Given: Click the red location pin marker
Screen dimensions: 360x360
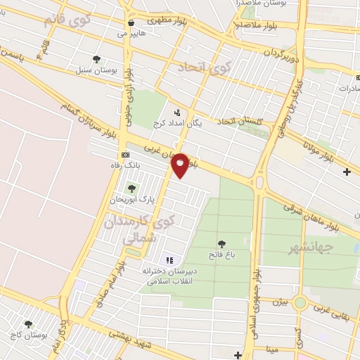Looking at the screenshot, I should coord(181,165).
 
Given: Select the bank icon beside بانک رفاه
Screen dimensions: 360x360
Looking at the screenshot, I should coord(125,155).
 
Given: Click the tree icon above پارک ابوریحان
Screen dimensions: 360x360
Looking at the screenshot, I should coord(131,188).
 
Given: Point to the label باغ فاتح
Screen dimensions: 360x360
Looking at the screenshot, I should coord(221,254).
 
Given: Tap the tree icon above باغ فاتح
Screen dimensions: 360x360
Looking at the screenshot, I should coord(222,243).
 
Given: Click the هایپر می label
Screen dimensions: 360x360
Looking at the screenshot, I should coord(131,33).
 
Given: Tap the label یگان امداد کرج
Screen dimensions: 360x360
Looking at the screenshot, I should coord(176,124).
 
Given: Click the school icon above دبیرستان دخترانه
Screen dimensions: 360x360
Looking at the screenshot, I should coord(169,260).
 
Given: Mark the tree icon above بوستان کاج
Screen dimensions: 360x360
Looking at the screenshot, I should coord(28,324).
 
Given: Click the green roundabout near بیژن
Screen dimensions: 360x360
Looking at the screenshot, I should coord(302,303).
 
